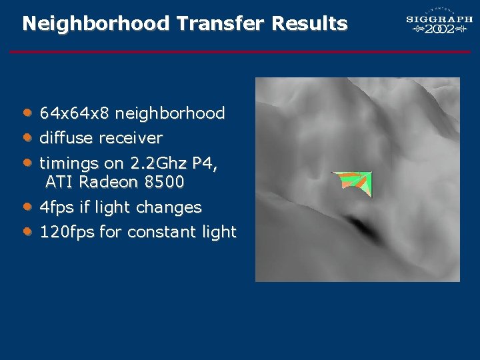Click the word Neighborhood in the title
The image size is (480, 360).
pos(96,24)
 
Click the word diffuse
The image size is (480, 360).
pos(67,139)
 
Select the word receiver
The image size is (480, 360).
pos(131,139)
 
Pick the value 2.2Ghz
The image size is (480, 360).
pos(160,163)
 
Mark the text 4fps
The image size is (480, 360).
pos(57,207)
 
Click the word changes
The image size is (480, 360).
pos(169,207)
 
